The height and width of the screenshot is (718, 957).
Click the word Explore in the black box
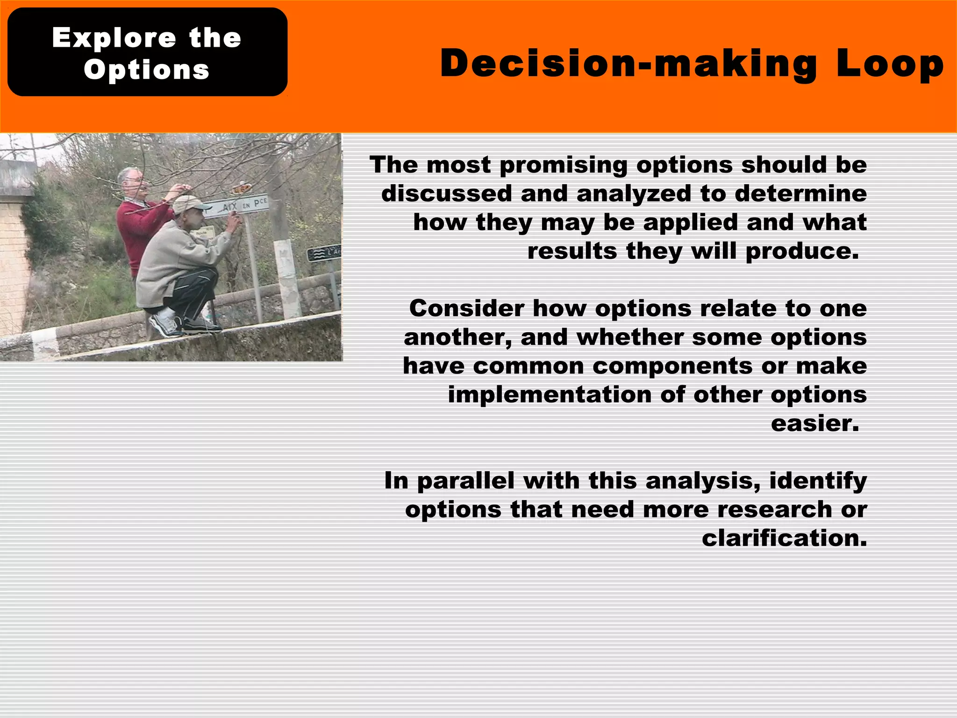point(114,37)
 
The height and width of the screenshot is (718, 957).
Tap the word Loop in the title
point(890,64)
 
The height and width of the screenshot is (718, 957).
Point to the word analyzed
point(633,194)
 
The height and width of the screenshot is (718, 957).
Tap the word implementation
point(549,395)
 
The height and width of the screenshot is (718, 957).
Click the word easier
point(814,424)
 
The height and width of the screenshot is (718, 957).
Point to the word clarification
point(784,538)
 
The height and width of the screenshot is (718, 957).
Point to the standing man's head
point(130,180)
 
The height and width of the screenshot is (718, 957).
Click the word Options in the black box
point(147,70)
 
